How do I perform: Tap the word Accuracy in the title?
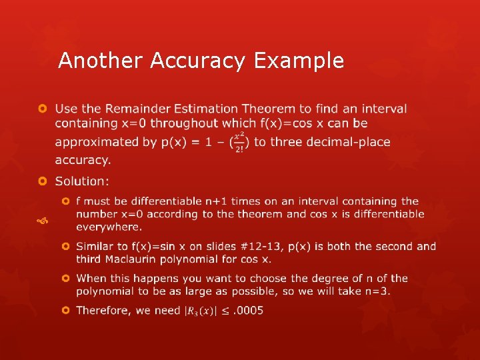198,61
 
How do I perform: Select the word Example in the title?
298,61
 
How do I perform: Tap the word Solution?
83,181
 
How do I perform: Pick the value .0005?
249,311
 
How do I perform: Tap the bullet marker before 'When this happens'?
65,279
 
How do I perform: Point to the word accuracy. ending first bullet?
83,160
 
